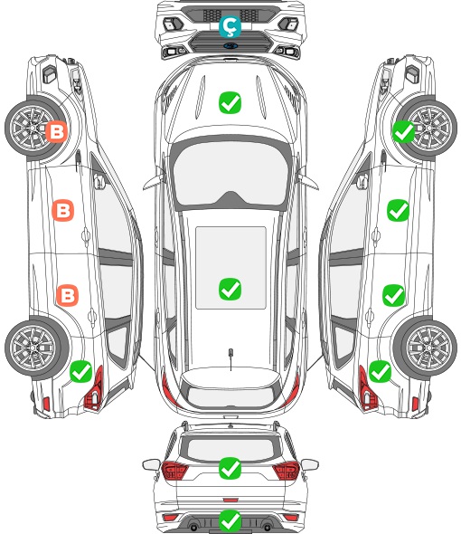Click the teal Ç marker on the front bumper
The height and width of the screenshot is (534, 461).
coord(230,26)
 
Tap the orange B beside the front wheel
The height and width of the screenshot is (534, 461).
coord(56,131)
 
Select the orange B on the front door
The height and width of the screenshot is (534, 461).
coord(63,210)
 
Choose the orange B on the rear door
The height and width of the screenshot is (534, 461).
coord(68,295)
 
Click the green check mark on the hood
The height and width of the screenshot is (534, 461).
coord(230,102)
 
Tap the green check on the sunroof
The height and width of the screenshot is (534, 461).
coord(230,289)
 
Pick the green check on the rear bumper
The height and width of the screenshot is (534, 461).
coord(230,520)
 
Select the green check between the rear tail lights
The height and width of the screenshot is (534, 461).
coord(230,468)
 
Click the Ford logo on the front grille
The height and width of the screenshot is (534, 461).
coord(230,46)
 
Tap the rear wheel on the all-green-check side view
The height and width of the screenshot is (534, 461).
coord(425,348)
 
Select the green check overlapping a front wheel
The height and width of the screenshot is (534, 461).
coord(403,131)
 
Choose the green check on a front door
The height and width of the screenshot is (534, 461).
coord(398,210)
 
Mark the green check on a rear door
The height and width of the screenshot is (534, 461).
coord(393,295)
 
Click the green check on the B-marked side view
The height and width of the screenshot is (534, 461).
coord(81,372)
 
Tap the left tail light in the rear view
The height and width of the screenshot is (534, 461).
coord(174,471)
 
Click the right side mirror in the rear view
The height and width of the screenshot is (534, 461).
coord(310,464)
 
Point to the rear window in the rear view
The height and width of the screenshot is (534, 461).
coord(230,448)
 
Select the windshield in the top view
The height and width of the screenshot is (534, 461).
coord(230,174)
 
